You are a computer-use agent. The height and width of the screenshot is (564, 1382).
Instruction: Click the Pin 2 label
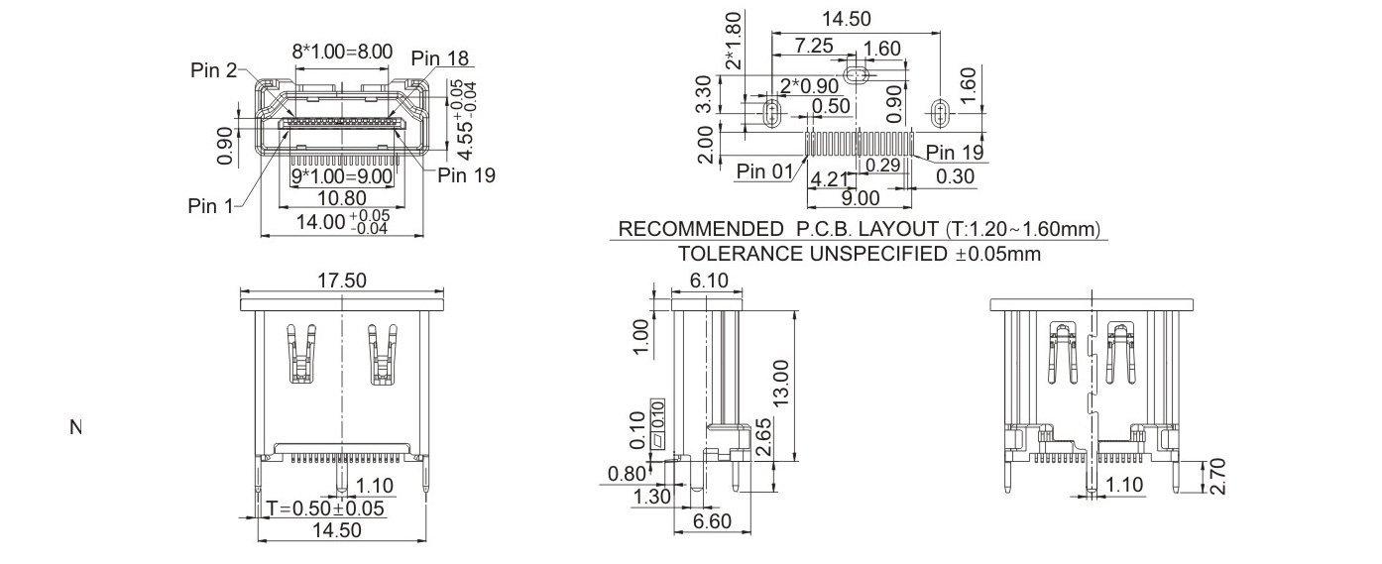pos(213,69)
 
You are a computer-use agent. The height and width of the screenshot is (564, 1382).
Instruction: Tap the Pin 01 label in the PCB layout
pos(764,171)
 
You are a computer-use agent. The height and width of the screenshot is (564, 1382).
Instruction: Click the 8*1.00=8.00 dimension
pos(342,52)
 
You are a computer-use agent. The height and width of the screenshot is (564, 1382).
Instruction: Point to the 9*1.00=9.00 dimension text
pos(341,176)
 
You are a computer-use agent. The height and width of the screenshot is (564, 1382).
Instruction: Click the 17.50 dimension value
pos(341,281)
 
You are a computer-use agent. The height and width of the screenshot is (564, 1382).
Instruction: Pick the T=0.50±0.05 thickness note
pos(325,508)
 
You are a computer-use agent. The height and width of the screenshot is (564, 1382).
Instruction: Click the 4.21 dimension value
pos(829,178)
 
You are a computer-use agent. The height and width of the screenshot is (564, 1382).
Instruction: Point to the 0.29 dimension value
pos(882,164)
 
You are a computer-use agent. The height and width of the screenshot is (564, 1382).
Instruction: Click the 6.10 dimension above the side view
pos(708,281)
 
